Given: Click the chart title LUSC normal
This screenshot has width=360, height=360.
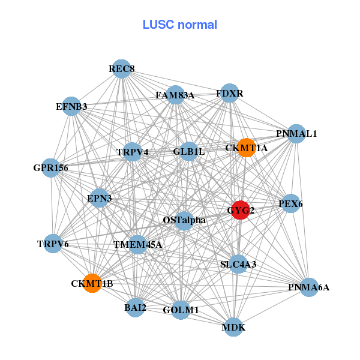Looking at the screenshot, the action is [179, 25].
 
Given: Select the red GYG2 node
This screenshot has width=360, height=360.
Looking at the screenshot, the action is [241, 210].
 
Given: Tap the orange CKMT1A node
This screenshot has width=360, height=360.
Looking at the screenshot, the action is [246, 148].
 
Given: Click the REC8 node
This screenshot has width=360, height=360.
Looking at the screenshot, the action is [122, 69].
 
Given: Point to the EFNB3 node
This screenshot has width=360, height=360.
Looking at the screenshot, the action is [71, 106].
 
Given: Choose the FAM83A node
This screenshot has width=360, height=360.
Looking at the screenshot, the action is [175, 95].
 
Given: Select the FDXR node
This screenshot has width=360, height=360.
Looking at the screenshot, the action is [229, 93].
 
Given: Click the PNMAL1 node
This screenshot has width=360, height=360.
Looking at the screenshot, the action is [296, 133].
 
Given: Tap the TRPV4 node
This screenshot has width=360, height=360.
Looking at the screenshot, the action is [133, 152].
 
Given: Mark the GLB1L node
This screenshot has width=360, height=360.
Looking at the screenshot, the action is [189, 152].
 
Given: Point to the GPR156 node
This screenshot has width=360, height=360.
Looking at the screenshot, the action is [51, 168].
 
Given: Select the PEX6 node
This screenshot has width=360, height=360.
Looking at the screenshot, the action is [290, 204].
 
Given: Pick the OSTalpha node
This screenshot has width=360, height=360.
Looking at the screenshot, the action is [184, 220].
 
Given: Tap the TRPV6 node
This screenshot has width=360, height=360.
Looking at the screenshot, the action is [53, 244].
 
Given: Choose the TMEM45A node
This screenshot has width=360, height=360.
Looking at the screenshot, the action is [137, 244].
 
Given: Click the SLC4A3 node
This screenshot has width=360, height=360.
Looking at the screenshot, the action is [238, 264].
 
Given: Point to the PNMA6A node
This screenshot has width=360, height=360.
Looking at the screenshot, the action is [308, 287].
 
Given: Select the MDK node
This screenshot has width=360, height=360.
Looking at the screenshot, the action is [233, 327].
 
